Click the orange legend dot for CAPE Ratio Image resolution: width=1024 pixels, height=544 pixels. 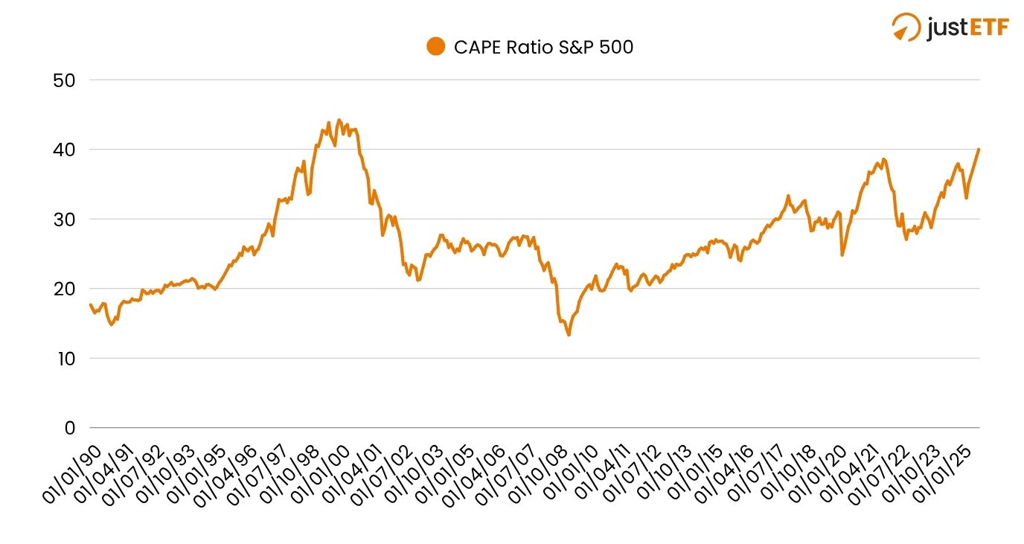[435, 47]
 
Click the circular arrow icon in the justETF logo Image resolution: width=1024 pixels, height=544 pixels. [906, 27]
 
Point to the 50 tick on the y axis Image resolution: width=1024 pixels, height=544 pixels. [64, 80]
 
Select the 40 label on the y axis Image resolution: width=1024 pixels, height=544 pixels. [64, 150]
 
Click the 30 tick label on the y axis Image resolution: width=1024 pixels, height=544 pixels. [64, 220]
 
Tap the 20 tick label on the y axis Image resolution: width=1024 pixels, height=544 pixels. [64, 289]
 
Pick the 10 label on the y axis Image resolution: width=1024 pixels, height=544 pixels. [64, 359]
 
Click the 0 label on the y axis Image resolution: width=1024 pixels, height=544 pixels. [70, 428]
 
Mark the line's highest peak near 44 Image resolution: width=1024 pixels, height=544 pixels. [339, 120]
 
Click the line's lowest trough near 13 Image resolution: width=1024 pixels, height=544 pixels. [569, 335]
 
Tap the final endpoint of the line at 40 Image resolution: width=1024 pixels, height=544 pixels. [979, 149]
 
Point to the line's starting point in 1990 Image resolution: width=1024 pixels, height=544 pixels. [91, 304]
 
